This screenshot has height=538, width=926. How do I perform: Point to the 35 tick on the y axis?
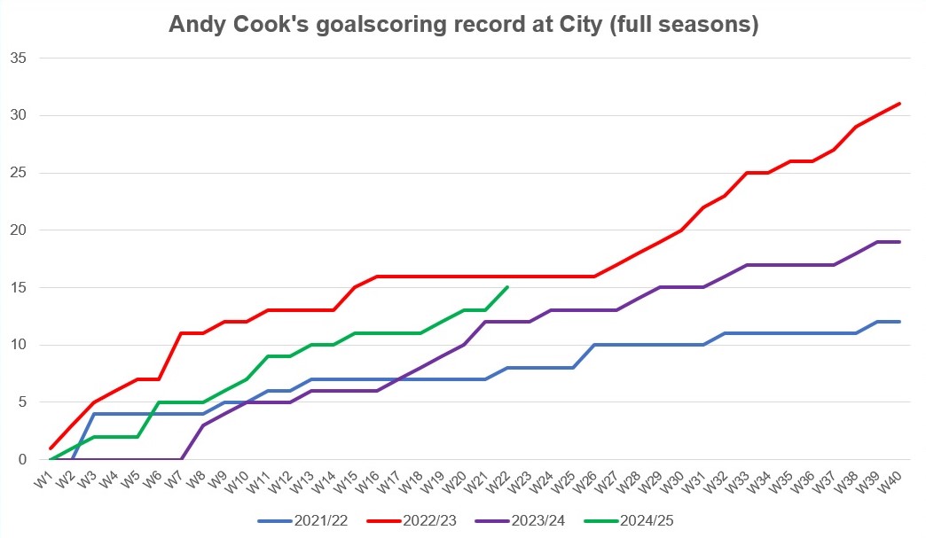[x=19, y=58]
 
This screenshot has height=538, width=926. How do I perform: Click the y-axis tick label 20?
[x=19, y=230]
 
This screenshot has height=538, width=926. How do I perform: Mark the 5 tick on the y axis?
[x=22, y=402]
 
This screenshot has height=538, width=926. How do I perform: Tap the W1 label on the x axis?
[x=42, y=480]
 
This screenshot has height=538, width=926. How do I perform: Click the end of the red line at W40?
[x=899, y=104]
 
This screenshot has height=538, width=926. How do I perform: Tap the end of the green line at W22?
[x=506, y=287]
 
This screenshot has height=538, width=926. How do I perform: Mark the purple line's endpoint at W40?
[x=899, y=242]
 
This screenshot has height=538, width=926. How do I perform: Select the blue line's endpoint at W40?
[x=899, y=322]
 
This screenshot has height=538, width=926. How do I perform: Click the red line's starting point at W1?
[x=51, y=448]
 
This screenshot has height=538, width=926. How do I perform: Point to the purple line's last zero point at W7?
[x=181, y=459]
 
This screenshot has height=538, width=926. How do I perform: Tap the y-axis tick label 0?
[x=22, y=460]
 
